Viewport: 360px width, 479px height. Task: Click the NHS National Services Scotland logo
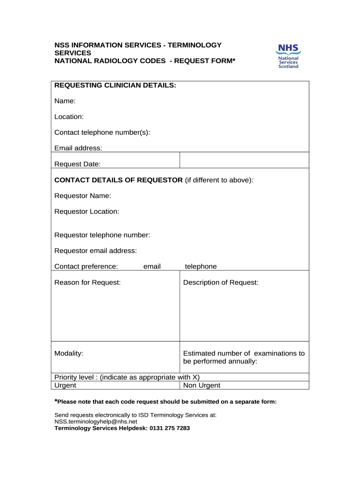coord(288,56)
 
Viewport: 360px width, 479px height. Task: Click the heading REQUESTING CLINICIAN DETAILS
coord(115,85)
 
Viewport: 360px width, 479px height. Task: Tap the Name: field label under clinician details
coord(65,101)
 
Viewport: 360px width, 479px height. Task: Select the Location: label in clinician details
coord(69,116)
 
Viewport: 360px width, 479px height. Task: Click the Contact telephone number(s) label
coord(102,132)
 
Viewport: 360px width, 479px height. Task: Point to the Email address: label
coord(78,148)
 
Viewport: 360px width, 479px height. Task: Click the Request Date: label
coord(78,164)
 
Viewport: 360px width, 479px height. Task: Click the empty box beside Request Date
coord(244,160)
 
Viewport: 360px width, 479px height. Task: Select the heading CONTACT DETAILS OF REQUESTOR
coord(119,180)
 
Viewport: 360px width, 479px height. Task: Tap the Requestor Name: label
coord(83,196)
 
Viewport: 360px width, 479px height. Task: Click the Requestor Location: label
coord(87,211)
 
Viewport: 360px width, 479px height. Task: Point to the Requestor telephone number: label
coord(102,235)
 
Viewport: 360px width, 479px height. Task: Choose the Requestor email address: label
coord(96,251)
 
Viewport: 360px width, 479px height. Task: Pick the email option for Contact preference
coord(152,266)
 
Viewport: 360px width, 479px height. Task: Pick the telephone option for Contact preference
coord(201,266)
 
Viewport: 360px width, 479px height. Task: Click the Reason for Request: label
coord(87,283)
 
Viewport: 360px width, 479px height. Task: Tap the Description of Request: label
coord(221,283)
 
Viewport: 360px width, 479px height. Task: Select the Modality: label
coord(69,353)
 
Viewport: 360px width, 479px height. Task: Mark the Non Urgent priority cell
coord(202,385)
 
